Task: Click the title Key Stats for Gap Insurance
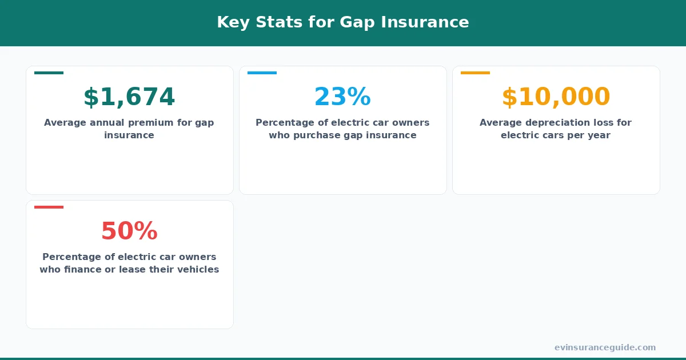pyautogui.click(x=342, y=22)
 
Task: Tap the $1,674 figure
pyautogui.click(x=129, y=97)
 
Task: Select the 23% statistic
pyautogui.click(x=342, y=97)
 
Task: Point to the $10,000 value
pyautogui.click(x=556, y=97)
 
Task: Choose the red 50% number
pyautogui.click(x=129, y=231)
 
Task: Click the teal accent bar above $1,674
pyautogui.click(x=49, y=73)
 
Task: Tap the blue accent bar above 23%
pyautogui.click(x=262, y=73)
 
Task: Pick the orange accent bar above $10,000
pyautogui.click(x=475, y=73)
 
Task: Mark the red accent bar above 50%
pyautogui.click(x=49, y=207)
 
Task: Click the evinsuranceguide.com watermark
pyautogui.click(x=605, y=347)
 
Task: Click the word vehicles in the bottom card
pyautogui.click(x=197, y=270)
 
